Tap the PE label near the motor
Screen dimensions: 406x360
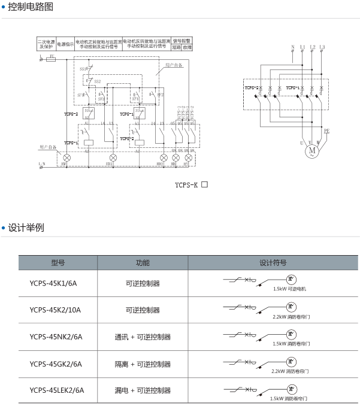326,131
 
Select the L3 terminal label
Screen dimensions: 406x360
322,47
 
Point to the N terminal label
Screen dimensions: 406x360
292,47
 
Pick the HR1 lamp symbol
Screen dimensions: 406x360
110,157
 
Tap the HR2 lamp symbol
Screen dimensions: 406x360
161,157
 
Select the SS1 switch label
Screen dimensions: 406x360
83,69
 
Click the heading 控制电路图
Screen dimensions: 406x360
31,7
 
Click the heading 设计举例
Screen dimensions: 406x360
26,228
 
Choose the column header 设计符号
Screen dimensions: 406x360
273,262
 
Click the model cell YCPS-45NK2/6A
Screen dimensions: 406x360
56,337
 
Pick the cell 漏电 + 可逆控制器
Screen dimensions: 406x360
143,390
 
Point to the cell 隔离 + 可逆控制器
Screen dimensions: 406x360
143,363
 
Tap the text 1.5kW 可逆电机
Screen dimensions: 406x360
289,289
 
